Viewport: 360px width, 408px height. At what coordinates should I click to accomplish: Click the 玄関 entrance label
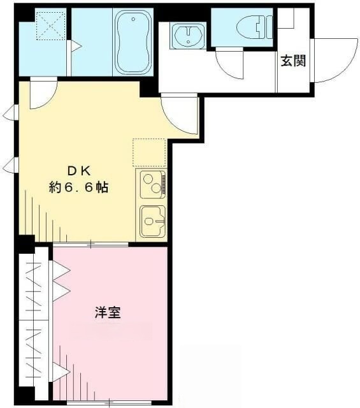294,61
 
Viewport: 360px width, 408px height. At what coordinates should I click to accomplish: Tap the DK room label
79,171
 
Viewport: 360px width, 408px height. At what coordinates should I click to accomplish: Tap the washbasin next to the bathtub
187,35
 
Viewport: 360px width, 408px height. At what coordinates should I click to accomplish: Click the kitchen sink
152,221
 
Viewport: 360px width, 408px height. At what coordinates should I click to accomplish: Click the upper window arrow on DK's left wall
10,114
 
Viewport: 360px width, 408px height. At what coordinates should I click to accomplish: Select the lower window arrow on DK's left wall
10,167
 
